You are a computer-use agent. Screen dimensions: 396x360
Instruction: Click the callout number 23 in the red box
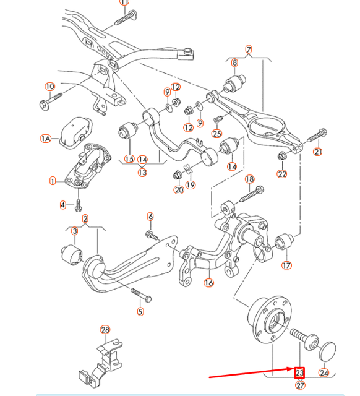coord(300,372)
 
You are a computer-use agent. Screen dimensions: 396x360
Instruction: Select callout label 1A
coord(46,139)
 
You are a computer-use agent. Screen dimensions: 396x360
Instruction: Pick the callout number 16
coord(208,283)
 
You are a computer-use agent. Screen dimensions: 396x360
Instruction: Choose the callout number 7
coord(249,49)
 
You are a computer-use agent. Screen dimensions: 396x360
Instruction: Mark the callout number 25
coord(216,133)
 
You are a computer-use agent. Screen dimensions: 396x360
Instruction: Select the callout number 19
coord(190,184)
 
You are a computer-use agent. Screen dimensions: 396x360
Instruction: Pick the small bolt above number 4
coord(79,196)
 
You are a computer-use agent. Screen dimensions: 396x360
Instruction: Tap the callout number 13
coord(143,173)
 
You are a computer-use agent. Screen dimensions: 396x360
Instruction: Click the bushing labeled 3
coord(72,255)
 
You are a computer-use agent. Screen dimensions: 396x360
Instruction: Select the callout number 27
coord(301,385)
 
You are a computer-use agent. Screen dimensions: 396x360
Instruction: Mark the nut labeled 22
coord(282,155)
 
